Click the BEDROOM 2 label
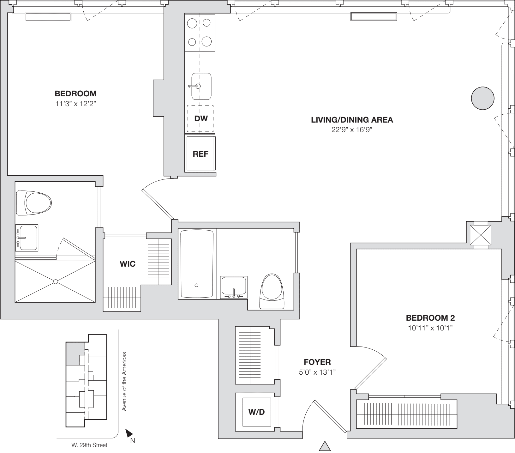coord(430,318)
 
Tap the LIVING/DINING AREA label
coord(352,120)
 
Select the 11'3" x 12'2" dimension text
coord(75,104)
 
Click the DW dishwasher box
coord(201,119)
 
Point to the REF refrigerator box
coord(201,154)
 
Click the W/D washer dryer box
coord(256,412)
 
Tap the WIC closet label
coord(128,264)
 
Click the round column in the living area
coord(482,98)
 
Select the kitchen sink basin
coord(201,86)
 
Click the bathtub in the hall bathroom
coord(197,264)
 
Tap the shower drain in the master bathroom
coord(56,281)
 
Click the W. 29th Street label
coord(89,445)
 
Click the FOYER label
coord(317,362)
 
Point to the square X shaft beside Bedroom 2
coord(481,235)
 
